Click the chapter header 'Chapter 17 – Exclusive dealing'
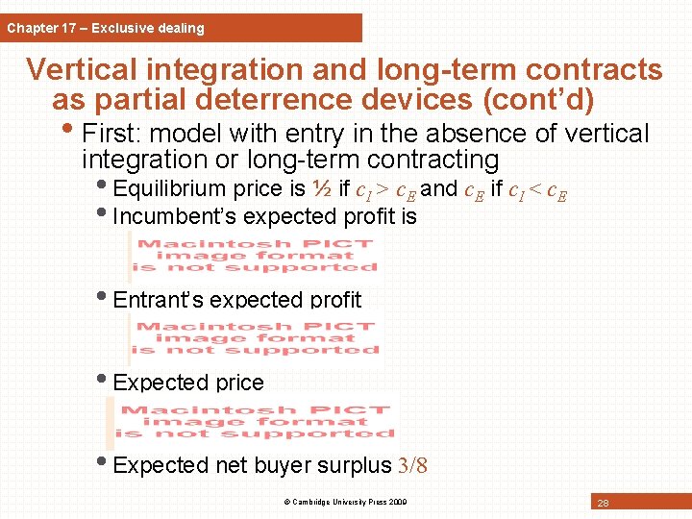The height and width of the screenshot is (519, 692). click(x=106, y=28)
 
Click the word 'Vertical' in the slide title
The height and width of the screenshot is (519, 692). click(x=83, y=70)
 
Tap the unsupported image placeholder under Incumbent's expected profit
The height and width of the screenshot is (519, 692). click(x=256, y=257)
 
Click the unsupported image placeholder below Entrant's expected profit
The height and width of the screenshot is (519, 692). click(x=256, y=337)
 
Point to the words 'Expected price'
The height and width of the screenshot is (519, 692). click(x=188, y=383)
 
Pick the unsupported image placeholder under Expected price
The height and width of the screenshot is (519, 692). click(x=256, y=422)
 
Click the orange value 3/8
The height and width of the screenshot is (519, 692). click(x=411, y=466)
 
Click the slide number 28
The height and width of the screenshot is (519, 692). click(x=602, y=504)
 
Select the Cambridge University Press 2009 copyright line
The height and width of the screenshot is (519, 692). click(x=346, y=502)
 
